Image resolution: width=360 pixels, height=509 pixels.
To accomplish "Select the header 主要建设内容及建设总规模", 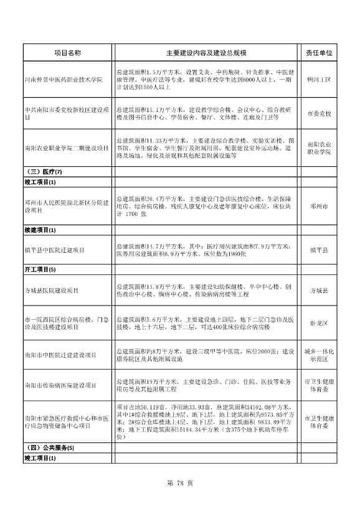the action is [x=206, y=54].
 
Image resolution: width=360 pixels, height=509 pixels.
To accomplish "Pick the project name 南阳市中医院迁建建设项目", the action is [x=60, y=355].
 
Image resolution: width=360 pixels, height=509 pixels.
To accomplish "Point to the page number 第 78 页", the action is [x=180, y=483].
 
